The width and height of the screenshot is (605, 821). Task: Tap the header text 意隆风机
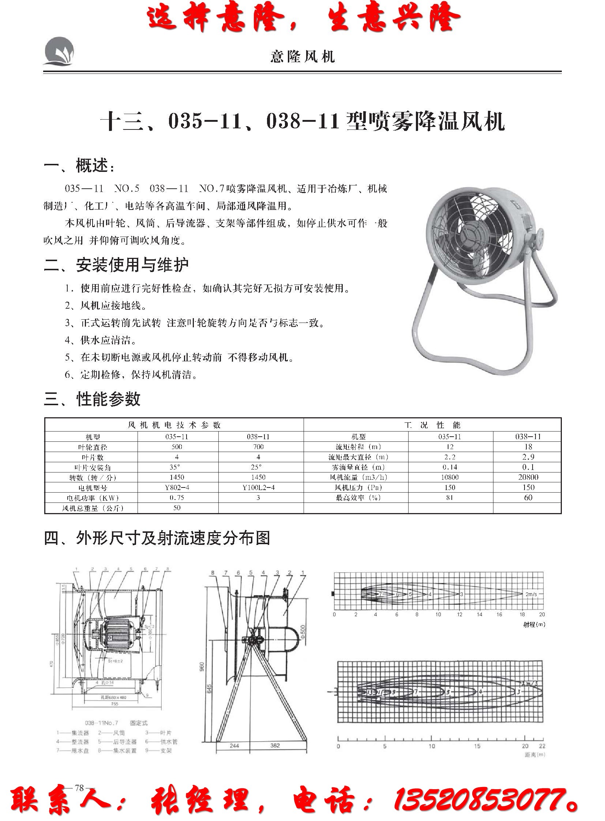coord(302,57)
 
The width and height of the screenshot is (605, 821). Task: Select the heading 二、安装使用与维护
coord(116,265)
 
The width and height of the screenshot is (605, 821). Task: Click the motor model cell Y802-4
coord(177,487)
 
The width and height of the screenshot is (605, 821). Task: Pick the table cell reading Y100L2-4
coord(258,487)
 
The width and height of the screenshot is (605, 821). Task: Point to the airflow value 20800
coord(528,477)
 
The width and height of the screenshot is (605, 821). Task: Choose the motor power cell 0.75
coord(177,498)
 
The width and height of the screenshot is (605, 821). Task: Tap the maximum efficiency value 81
coord(450,498)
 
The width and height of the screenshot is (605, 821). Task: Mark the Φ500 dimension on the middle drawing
coord(301,632)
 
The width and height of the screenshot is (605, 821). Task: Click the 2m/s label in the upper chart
coord(531,594)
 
